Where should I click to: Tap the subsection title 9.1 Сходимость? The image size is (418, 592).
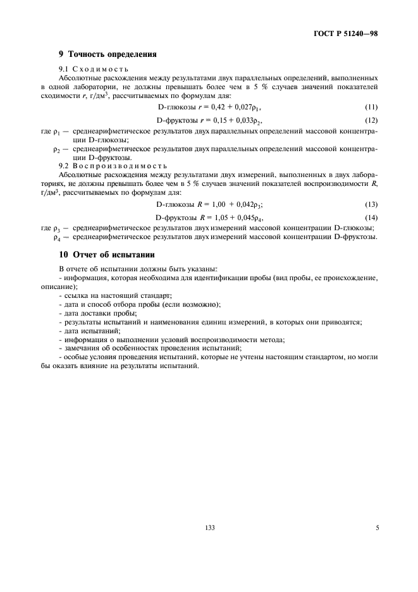pos(94,68)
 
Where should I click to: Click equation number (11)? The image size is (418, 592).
pos(371,108)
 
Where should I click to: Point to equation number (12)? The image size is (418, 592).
pos(371,120)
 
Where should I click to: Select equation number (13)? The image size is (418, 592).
pos(371,204)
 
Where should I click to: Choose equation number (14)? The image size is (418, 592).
pos(371,216)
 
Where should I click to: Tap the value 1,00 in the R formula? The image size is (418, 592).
pos(218,204)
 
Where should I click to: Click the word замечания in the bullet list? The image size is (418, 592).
pos(82,348)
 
